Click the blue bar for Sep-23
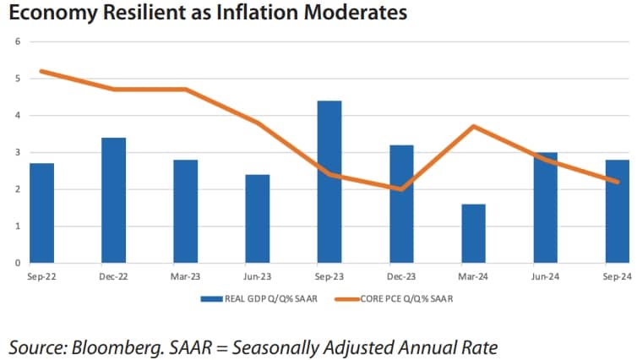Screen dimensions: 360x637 (x=330, y=182)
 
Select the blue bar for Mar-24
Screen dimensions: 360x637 (x=474, y=233)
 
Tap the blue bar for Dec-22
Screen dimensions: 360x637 (x=113, y=200)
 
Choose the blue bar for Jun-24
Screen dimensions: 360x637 (x=546, y=208)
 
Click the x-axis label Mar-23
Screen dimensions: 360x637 (x=185, y=276)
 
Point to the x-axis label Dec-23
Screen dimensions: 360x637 (x=401, y=276)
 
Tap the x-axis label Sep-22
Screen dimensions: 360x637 (x=41, y=276)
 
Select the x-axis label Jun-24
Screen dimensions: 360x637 (x=546, y=276)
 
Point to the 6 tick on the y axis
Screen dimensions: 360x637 (x=18, y=41)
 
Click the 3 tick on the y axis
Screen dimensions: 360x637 (x=18, y=152)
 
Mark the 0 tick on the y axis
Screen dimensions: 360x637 (x=18, y=263)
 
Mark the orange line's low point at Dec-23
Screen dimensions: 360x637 (x=402, y=189)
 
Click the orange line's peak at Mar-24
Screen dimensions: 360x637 (x=474, y=126)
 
